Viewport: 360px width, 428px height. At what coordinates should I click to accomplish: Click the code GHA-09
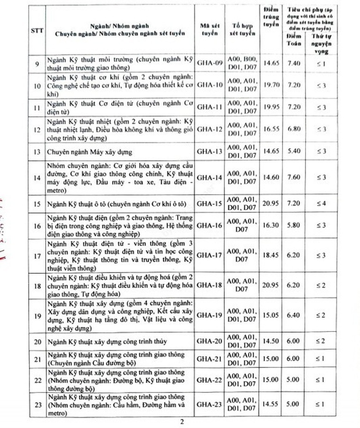(x=210, y=63)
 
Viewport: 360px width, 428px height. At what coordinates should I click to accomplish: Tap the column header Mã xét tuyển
(x=209, y=30)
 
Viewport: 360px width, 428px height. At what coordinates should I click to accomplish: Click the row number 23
(x=37, y=405)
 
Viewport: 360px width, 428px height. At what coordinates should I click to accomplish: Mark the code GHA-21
(x=210, y=359)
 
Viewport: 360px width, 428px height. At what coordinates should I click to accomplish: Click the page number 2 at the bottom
(x=182, y=421)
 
